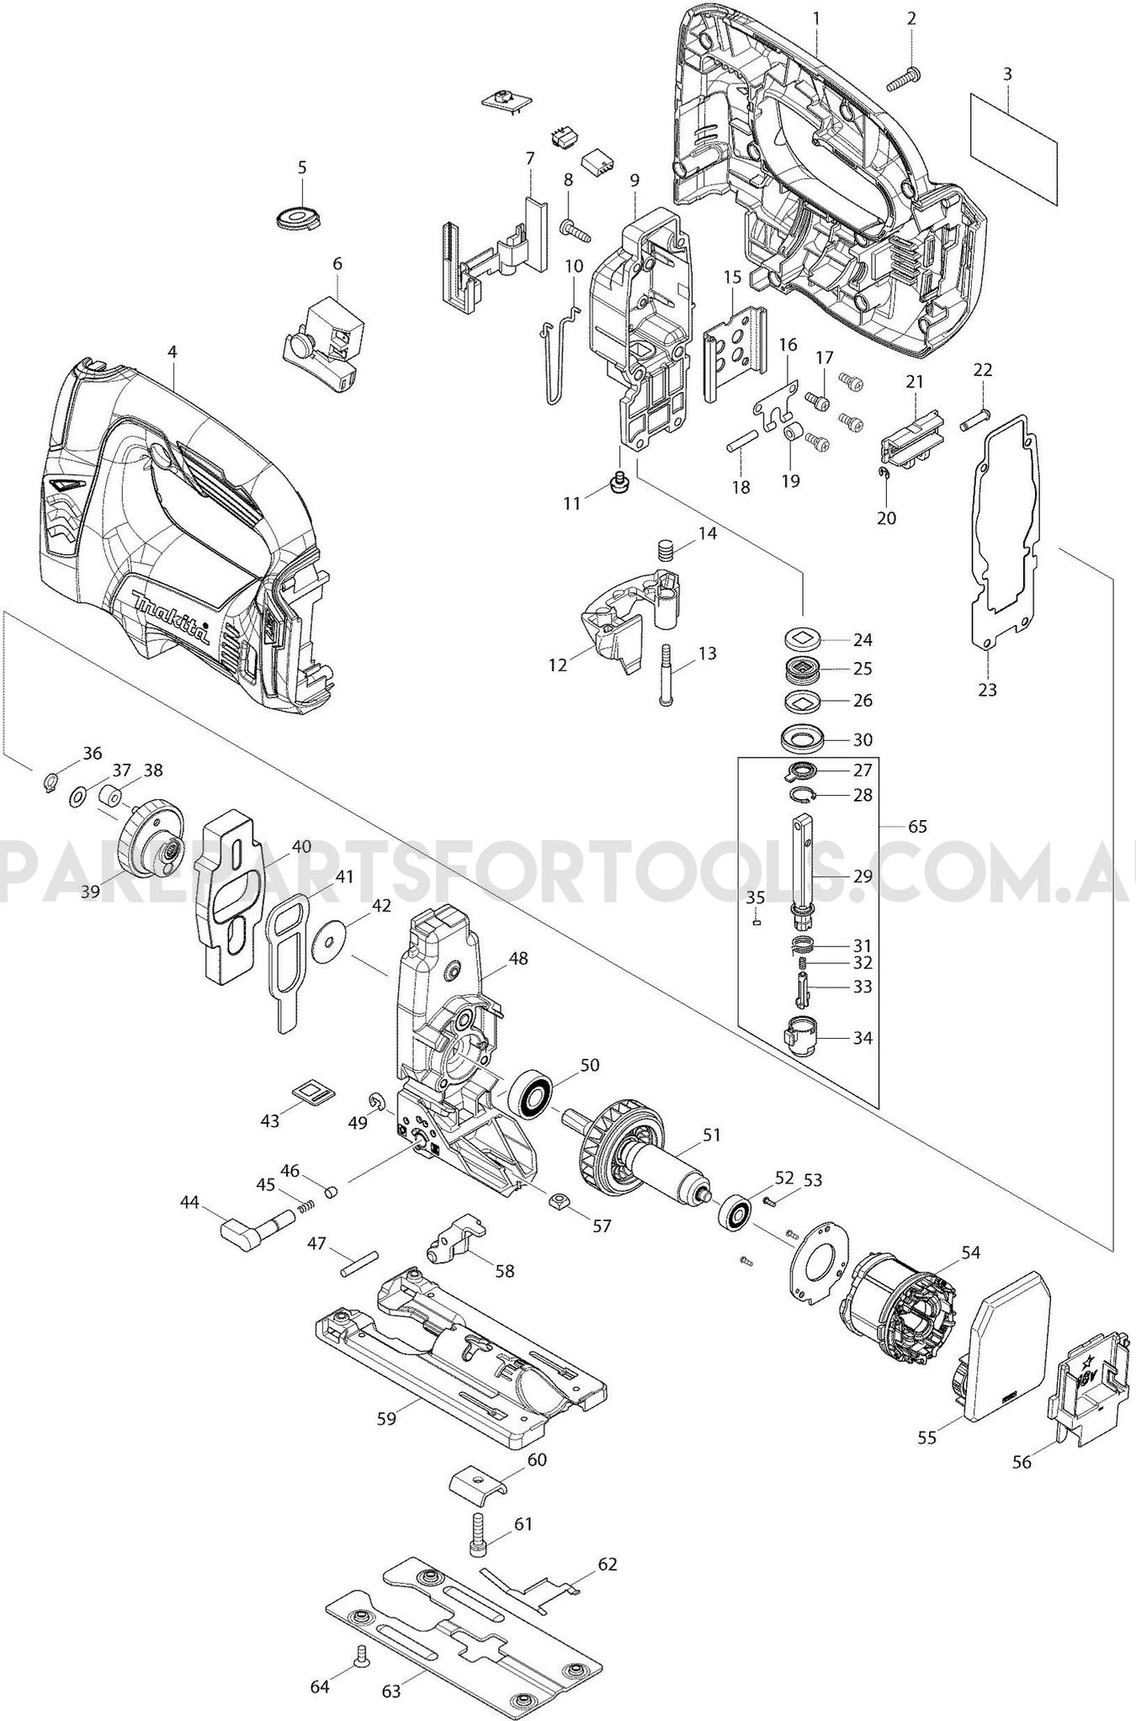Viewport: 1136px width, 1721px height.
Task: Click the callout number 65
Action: tap(917, 826)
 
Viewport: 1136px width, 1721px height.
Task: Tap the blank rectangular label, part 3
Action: tap(1013, 147)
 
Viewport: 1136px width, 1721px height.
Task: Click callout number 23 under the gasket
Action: tap(988, 690)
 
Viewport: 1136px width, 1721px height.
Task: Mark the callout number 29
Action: tap(863, 876)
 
